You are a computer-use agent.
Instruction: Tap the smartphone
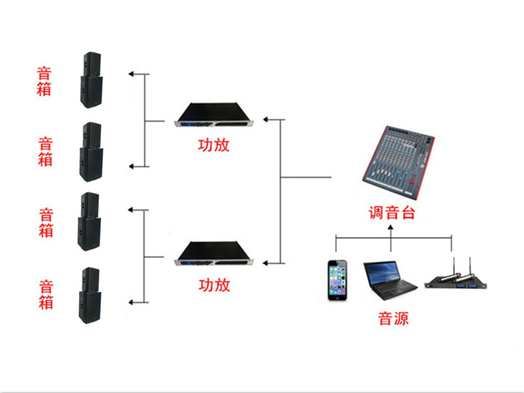337,280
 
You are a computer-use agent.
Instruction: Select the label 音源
393,319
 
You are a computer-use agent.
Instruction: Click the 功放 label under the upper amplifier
214,145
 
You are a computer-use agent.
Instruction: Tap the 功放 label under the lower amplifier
214,285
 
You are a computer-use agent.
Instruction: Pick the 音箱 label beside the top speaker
44,80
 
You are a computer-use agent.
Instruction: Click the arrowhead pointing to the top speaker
132,74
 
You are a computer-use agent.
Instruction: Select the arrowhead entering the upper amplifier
266,119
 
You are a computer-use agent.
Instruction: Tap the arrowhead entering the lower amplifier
266,263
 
